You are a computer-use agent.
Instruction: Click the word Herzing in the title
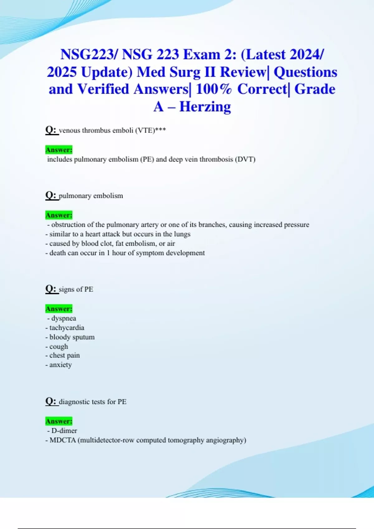tap(205, 107)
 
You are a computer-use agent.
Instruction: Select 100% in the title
tap(214, 89)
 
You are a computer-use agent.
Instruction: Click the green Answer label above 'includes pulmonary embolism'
tap(59, 150)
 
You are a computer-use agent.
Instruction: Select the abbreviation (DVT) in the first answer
tap(245, 159)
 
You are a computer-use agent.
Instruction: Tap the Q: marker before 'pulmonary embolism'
tap(51, 195)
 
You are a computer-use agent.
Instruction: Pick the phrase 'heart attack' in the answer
tap(103, 234)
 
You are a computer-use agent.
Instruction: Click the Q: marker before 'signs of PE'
tap(51, 289)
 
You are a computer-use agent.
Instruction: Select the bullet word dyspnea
tap(64, 318)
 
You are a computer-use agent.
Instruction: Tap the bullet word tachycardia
tap(67, 328)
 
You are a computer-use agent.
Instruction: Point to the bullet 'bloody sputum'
tap(72, 337)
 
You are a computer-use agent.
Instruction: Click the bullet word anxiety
tap(60, 365)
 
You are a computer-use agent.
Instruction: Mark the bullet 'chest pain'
tap(65, 355)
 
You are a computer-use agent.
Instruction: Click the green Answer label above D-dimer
tap(59, 421)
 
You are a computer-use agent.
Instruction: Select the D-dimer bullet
tap(64, 431)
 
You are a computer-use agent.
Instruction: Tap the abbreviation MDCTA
tap(63, 440)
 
